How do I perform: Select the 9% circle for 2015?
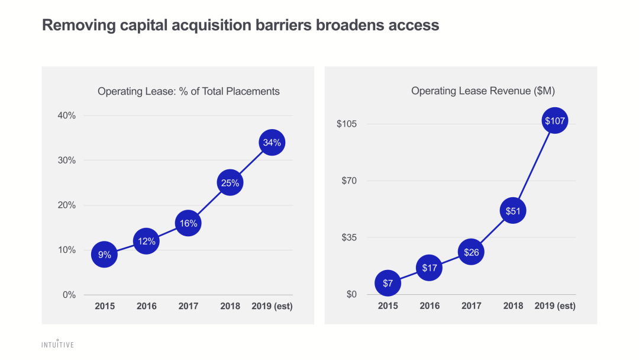104,255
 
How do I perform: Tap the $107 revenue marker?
554,121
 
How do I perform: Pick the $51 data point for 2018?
513,210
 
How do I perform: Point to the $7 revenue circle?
388,284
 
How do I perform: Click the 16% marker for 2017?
188,223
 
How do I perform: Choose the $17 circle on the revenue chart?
430,268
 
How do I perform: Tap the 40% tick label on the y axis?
67,115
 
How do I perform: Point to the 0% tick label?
69,295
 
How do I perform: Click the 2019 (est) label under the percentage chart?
272,307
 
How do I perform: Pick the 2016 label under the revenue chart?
430,306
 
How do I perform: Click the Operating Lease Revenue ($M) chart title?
483,91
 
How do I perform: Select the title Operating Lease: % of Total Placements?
189,91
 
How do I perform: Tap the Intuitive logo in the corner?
57,344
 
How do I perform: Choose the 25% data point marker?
230,183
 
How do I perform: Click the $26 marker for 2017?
472,253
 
